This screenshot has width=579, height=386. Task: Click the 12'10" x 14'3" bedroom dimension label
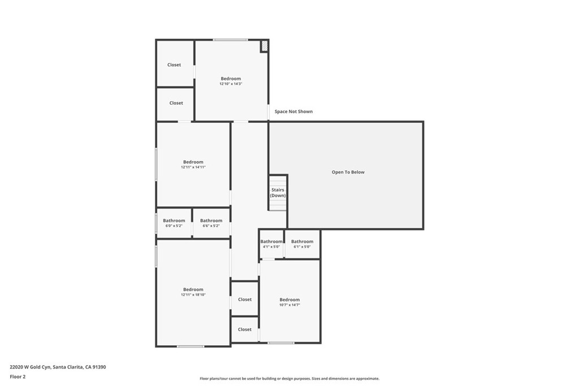coord(231,84)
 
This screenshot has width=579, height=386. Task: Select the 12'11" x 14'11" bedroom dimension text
coord(193,167)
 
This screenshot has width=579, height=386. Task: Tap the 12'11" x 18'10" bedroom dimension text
coord(193,295)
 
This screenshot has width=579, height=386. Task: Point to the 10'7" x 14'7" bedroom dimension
coord(289,305)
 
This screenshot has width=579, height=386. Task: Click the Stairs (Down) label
coord(278,193)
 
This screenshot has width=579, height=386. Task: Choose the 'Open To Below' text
coord(348,172)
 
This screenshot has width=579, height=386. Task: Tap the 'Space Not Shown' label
coord(293,112)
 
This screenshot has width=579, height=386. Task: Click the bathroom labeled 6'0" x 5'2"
coord(174,223)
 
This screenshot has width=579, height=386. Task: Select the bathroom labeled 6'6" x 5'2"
coord(211,223)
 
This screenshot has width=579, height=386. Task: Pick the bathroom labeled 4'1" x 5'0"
coord(271,244)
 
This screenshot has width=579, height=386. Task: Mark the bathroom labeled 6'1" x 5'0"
coord(302,244)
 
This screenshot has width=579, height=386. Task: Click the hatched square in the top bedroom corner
coord(264,46)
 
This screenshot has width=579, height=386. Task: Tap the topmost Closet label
coord(174,65)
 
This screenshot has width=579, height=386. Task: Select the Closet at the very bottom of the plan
coord(245,329)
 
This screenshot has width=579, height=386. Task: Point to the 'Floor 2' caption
coord(18,376)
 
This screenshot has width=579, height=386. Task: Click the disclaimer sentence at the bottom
coord(289,379)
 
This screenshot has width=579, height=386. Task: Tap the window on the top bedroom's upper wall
coord(230,40)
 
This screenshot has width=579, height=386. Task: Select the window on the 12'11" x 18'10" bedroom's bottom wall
coord(191,346)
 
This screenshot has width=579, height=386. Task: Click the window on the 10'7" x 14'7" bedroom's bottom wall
coord(281,343)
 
